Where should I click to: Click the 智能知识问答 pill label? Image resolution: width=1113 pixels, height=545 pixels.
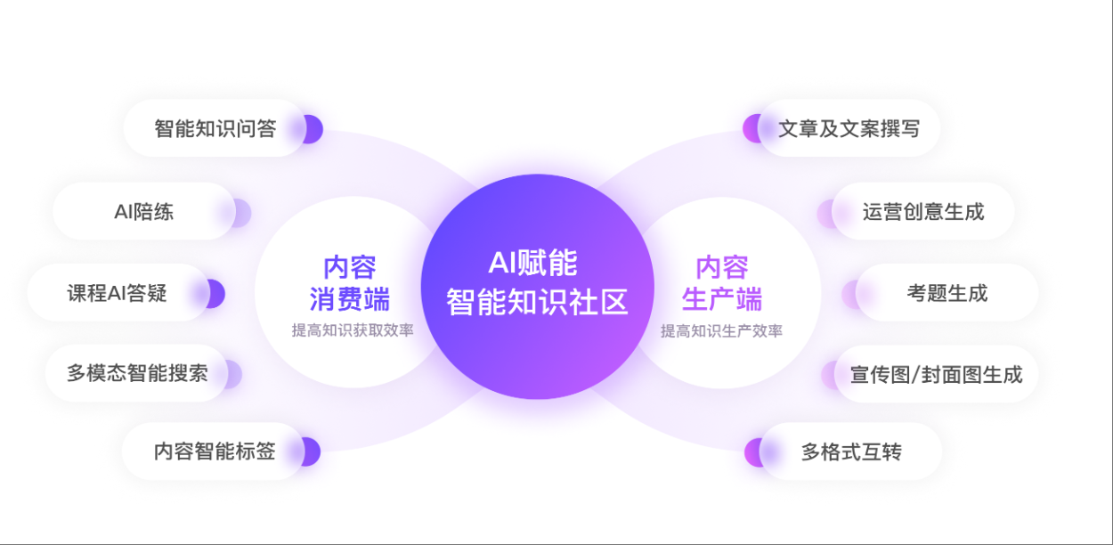pyautogui.click(x=215, y=129)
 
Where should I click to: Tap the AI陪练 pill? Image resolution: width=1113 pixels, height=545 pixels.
pyautogui.click(x=143, y=212)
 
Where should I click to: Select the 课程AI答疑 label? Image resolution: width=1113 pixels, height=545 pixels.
pyautogui.click(x=117, y=293)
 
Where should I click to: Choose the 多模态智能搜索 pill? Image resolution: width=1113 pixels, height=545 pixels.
pyautogui.click(x=137, y=373)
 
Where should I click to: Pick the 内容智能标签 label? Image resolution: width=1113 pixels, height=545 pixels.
pyautogui.click(x=215, y=451)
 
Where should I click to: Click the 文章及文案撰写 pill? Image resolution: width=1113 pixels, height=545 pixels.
pyautogui.click(x=849, y=129)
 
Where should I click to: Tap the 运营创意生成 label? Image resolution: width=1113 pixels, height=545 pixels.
pyautogui.click(x=923, y=212)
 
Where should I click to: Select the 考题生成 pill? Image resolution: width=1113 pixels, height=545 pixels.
pyautogui.click(x=947, y=293)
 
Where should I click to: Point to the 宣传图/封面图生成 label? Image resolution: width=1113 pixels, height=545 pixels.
pyautogui.click(x=936, y=374)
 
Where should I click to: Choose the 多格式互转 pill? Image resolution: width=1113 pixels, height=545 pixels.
pyautogui.click(x=851, y=452)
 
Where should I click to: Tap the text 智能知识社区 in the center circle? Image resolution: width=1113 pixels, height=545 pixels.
pyautogui.click(x=537, y=302)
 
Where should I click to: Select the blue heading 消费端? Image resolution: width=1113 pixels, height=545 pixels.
pyautogui.click(x=349, y=298)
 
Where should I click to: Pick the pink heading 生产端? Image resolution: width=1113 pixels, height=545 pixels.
pyautogui.click(x=721, y=298)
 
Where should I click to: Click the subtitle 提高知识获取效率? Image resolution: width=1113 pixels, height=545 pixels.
pyautogui.click(x=353, y=330)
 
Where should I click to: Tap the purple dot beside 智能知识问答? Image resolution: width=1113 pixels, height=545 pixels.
pyautogui.click(x=311, y=129)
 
